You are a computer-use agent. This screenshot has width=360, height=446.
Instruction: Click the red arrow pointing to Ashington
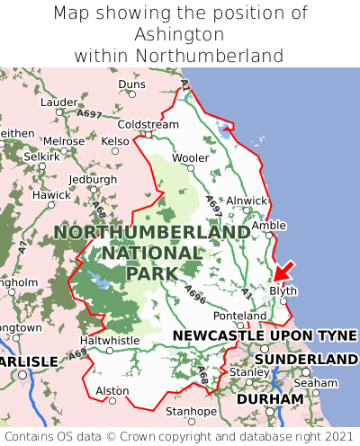pos(284,271)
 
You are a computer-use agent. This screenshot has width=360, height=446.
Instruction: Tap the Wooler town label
pos(190,157)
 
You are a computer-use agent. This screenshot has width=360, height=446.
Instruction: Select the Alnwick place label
pos(246,201)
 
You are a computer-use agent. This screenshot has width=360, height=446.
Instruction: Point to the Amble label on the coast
pos(268,225)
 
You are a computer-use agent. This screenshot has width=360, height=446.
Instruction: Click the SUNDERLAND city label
pos(306,359)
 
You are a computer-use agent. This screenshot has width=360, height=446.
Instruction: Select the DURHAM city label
pos(269,398)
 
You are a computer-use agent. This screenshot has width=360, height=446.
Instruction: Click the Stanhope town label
pos(191,412)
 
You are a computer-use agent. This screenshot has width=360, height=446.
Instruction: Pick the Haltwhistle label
pos(110,341)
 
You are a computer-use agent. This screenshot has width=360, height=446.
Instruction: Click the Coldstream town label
pos(148,124)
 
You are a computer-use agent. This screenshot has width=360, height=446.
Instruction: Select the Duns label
pos(131,85)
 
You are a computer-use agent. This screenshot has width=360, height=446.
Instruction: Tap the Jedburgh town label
pos(94,179)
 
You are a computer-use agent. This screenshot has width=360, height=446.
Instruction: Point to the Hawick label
pos(51,195)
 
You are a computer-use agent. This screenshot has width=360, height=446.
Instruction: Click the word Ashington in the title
pos(179,34)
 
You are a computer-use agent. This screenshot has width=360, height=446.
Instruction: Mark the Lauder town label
pos(59,103)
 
